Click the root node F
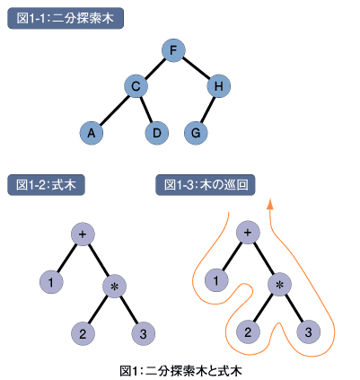[x=173, y=50]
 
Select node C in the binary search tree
[x=136, y=86]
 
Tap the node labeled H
[x=219, y=86]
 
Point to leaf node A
[x=92, y=133]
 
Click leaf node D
[x=157, y=133]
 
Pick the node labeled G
[x=196, y=133]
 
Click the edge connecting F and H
[x=196, y=67]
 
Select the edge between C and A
[x=114, y=110]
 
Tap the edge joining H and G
[x=207, y=110]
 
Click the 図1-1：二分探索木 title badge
[x=66, y=18]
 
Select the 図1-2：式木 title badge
[x=46, y=185]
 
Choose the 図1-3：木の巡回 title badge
[x=206, y=185]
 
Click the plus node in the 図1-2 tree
[x=83, y=234]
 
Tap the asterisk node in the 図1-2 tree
[x=114, y=287]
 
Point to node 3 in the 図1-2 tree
[x=143, y=333]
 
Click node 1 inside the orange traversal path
[x=216, y=280]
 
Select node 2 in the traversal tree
[x=248, y=331]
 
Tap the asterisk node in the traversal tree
[x=279, y=285]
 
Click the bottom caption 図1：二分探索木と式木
[x=180, y=371]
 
